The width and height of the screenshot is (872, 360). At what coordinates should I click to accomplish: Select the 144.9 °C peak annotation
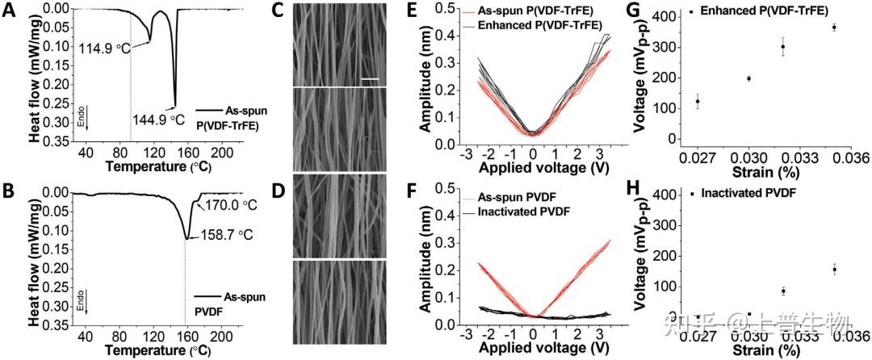pos(161,115)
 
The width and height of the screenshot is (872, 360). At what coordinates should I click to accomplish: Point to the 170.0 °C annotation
pos(230,205)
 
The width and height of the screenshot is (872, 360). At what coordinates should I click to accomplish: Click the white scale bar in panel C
pos(370,79)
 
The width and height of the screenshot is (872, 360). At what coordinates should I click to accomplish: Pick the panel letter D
pos(276,195)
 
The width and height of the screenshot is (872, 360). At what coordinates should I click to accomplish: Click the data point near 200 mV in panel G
pos(748,78)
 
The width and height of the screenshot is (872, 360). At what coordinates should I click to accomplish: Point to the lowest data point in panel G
pos(698,101)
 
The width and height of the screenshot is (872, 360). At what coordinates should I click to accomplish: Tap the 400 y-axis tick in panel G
pos(669,18)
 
